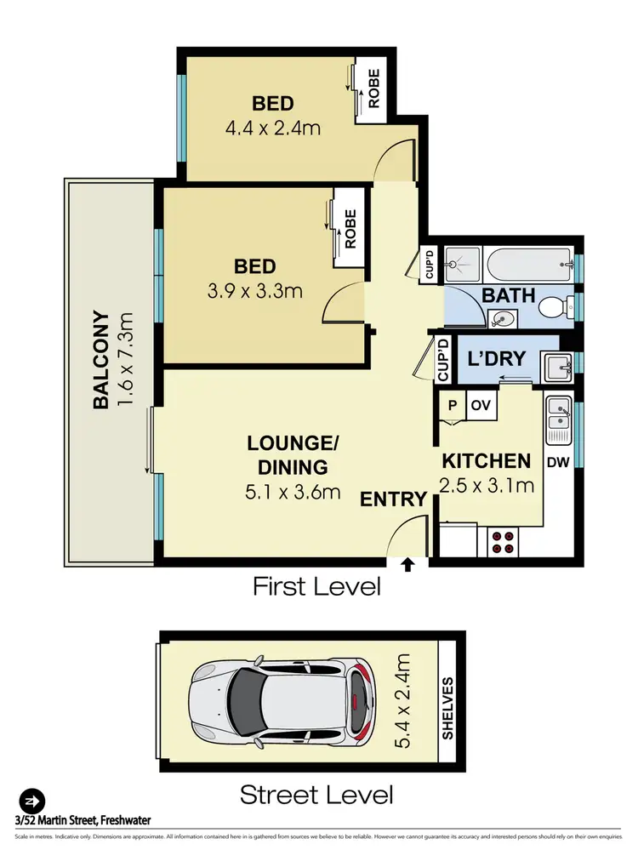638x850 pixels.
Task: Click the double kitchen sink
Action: (x=559, y=416)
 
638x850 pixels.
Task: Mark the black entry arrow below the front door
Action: (x=407, y=564)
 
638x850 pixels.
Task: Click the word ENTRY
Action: (x=392, y=499)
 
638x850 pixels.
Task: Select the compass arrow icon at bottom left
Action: (x=31, y=801)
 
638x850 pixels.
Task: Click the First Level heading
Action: (x=316, y=586)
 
